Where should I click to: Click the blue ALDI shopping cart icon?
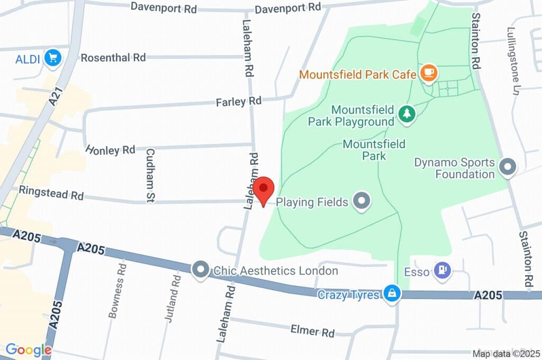point(52,58)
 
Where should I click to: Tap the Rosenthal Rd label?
point(113,57)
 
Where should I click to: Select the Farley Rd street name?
point(238,101)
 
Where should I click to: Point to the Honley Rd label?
point(110,150)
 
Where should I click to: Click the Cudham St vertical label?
point(150,175)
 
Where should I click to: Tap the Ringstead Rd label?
point(51,193)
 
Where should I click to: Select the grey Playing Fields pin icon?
point(362,201)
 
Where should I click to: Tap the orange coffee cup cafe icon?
point(428,74)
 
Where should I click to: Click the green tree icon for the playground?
point(406,114)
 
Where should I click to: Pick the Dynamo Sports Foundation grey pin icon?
point(508,168)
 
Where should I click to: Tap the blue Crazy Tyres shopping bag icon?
point(392,294)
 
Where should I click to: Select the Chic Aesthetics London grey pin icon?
point(201,271)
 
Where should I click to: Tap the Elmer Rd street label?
point(312,331)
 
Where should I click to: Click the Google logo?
point(29,350)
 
